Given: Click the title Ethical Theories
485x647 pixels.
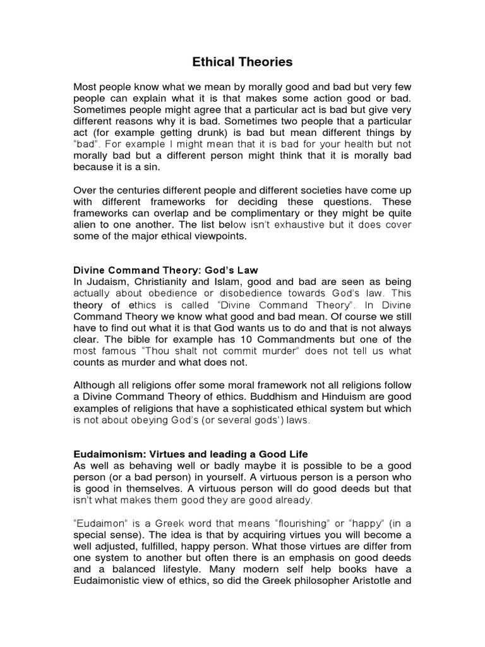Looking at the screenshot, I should (242, 62).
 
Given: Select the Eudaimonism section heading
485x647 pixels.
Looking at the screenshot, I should (190, 455).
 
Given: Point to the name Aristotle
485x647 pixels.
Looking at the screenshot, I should (372, 581).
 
